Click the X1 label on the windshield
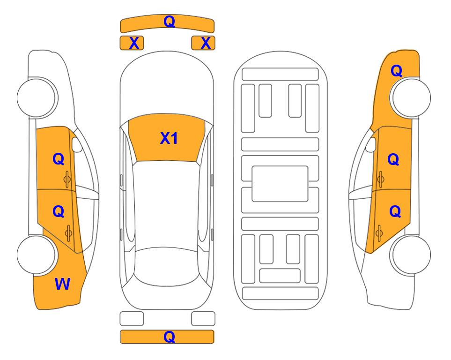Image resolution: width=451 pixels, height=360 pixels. point(169,138)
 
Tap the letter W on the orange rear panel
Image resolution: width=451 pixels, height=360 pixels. point(62,284)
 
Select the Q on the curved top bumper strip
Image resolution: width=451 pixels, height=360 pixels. point(169,21)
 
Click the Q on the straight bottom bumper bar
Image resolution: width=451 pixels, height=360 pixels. point(169,337)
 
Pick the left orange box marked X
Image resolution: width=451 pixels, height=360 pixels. point(132,43)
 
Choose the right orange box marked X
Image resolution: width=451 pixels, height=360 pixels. point(203,43)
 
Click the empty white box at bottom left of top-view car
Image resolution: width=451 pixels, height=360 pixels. point(132,319)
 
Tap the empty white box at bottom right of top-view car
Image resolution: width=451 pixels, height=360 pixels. point(203,319)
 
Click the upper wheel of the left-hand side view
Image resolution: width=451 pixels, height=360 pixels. point(37,97)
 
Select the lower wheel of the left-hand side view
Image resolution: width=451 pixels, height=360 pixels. point(37,255)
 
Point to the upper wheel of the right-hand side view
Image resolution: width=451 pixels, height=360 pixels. point(411,97)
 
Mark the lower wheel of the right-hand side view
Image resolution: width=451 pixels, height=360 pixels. point(411,255)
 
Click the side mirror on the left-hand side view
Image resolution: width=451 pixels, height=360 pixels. point(76,144)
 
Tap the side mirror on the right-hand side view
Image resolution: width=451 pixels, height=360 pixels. point(371,144)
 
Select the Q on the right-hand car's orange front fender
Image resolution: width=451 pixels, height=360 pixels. point(396,71)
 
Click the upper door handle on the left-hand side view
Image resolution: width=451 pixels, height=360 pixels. point(67,180)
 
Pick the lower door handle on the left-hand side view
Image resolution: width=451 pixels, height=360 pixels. point(68,233)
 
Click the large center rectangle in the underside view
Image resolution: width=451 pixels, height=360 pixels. point(280,184)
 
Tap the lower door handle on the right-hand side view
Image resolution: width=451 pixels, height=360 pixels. point(379,233)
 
